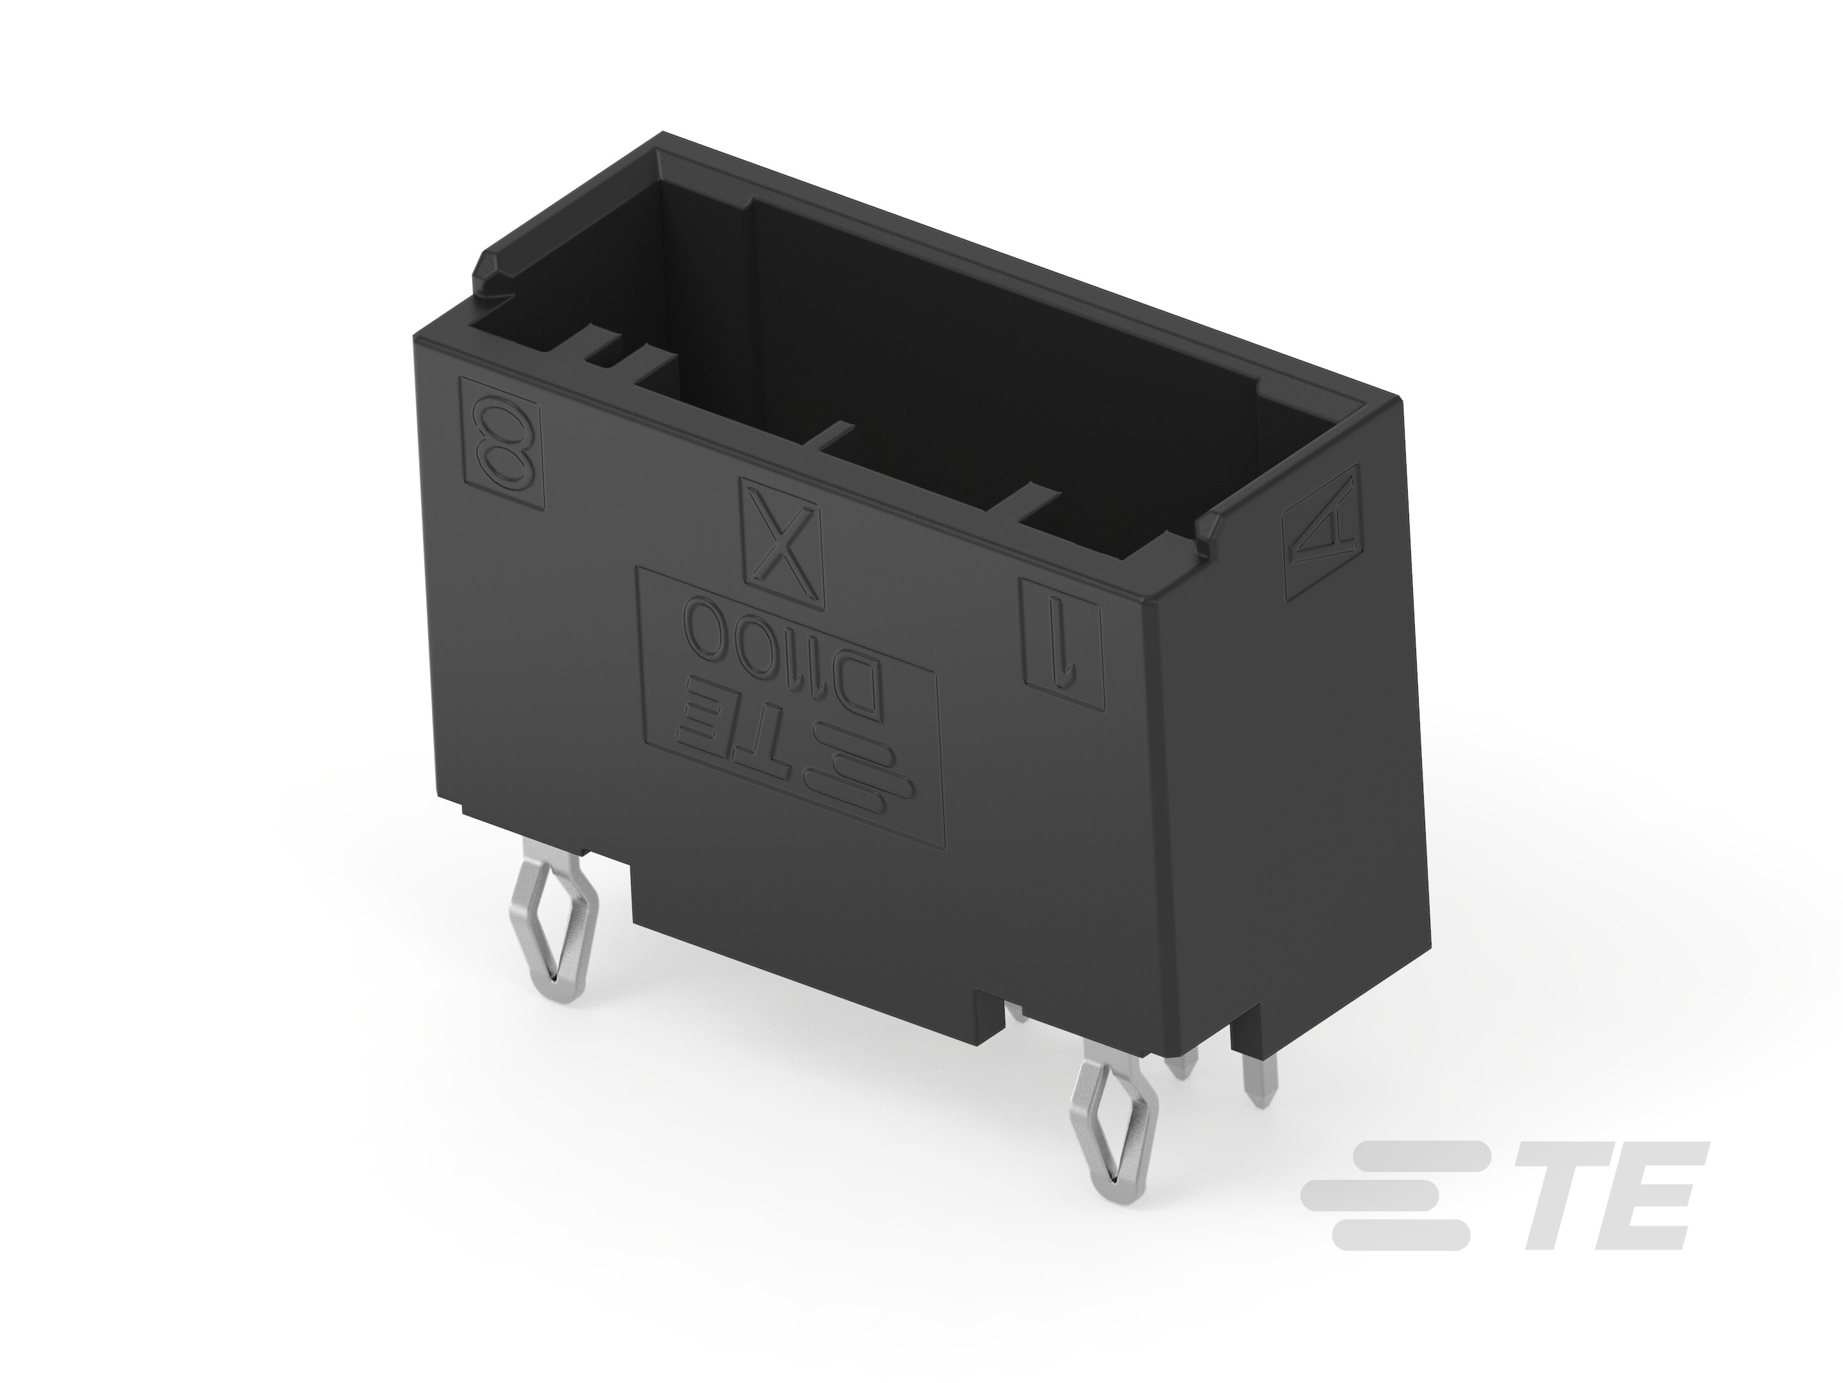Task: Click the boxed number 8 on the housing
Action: [x=502, y=444]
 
